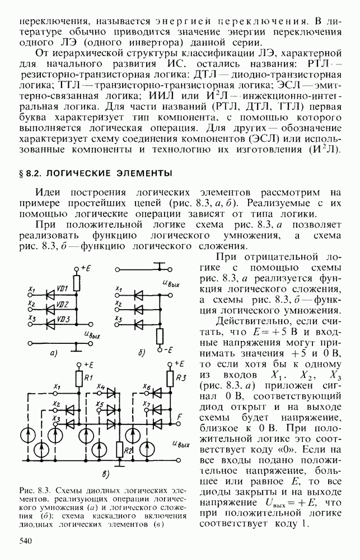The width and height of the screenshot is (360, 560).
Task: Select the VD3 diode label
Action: coord(62,319)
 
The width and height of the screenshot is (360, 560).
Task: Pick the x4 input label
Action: coord(101,386)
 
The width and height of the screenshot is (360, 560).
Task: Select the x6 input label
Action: coord(147,386)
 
